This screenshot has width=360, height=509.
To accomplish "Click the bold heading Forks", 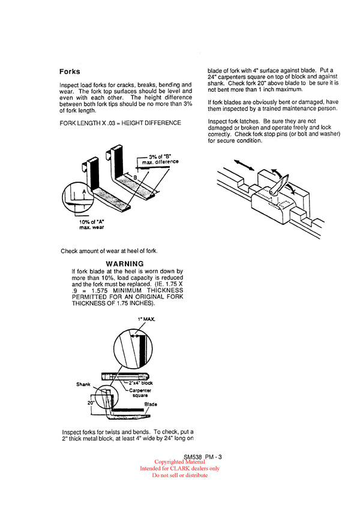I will coord(70,71).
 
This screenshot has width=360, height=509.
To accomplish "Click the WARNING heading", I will coord(125,264).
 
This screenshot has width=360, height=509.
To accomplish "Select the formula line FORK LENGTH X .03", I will coord(121,123).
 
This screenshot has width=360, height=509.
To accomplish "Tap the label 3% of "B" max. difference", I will coord(160,159).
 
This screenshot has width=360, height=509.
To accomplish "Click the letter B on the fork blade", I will coord(135,177).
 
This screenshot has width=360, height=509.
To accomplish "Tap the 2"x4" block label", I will coord(140,382).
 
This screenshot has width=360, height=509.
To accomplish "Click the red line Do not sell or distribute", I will coord(180,475).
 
